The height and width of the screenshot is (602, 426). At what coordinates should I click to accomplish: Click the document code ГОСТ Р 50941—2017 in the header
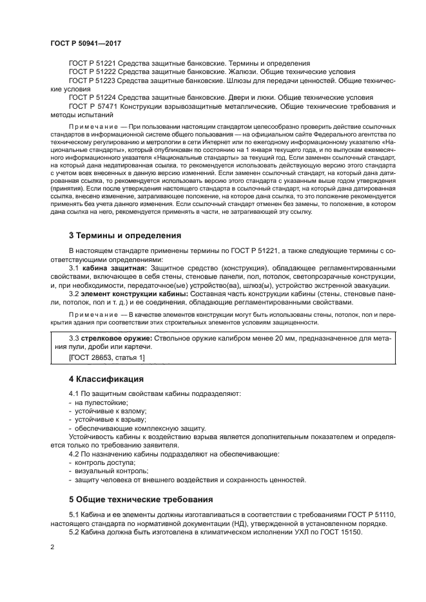click(86, 43)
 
